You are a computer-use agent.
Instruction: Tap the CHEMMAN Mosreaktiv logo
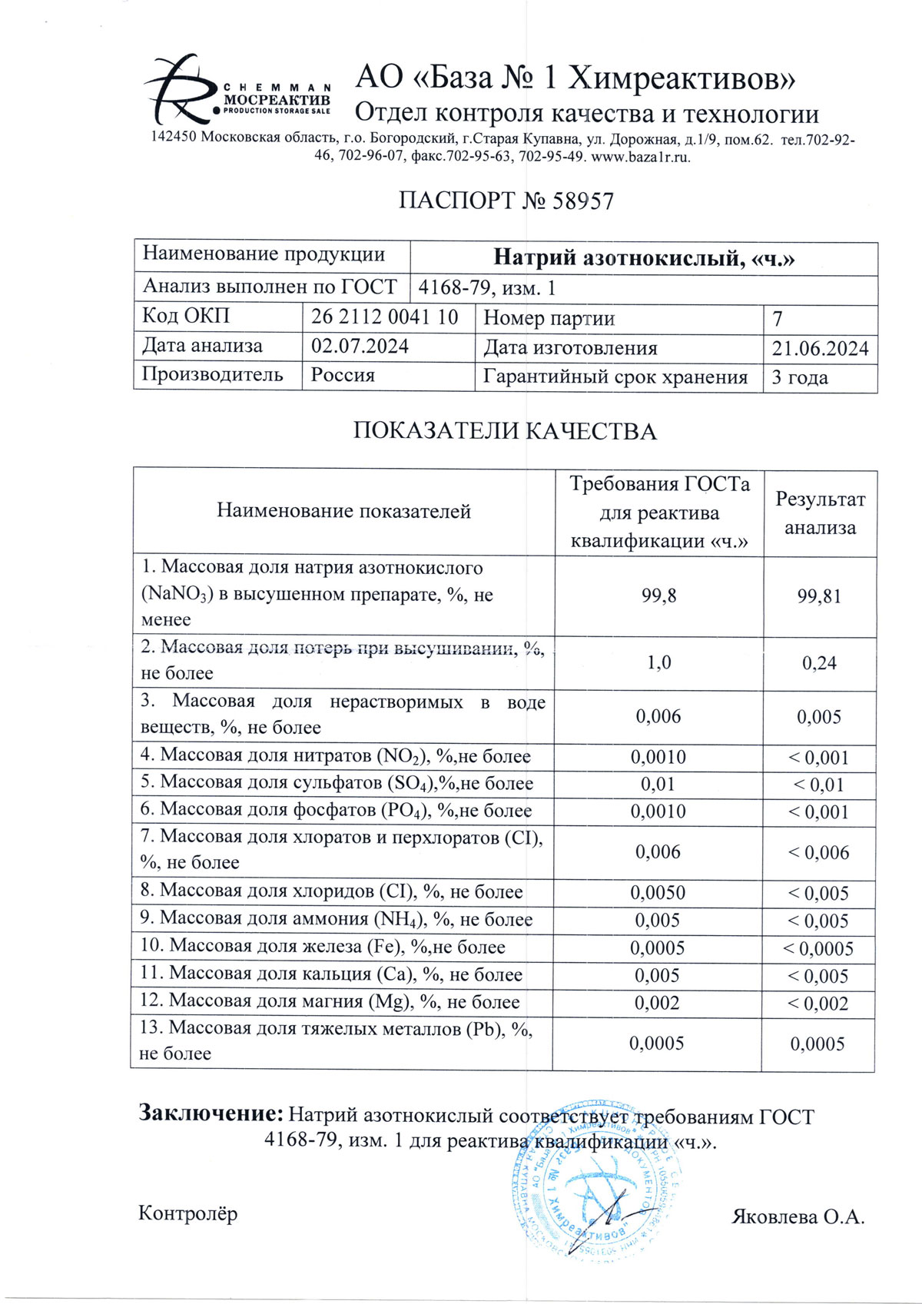click(x=238, y=90)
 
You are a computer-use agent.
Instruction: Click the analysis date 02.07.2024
click(x=360, y=347)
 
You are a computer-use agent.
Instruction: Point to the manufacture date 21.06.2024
click(x=820, y=349)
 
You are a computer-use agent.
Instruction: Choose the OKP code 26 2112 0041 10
click(x=384, y=317)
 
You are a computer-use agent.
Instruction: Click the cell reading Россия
click(x=343, y=376)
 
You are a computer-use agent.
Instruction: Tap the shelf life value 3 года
click(x=800, y=377)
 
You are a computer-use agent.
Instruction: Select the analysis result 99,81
click(x=819, y=596)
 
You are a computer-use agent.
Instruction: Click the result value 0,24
click(x=819, y=663)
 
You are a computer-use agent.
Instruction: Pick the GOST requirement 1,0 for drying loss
click(x=658, y=662)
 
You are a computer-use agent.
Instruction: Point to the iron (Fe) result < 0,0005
click(x=818, y=949)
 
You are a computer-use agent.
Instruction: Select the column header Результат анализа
click(x=820, y=513)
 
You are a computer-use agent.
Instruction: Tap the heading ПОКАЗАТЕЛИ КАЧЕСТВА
click(x=505, y=431)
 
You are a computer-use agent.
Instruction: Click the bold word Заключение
click(x=211, y=1113)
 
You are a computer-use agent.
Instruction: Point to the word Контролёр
click(x=188, y=1214)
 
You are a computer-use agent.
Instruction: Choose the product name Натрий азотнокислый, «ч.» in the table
click(x=643, y=258)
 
